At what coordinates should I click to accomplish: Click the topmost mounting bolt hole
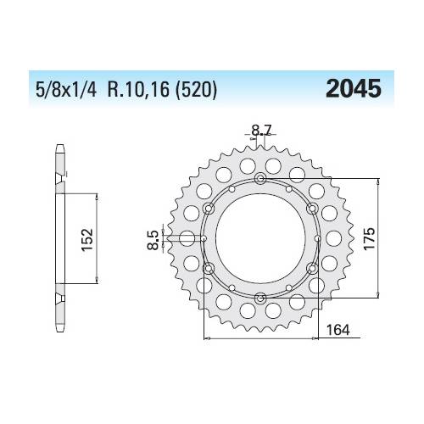click(259, 178)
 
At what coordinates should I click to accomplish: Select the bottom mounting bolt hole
click(259, 298)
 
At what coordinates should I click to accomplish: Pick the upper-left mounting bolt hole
click(209, 208)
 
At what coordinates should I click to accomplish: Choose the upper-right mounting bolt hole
click(311, 208)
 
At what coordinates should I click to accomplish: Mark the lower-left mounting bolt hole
click(209, 268)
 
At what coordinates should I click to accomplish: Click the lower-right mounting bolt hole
click(311, 268)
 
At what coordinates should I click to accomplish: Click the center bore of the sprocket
click(259, 238)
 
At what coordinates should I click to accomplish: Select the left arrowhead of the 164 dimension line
click(209, 338)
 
